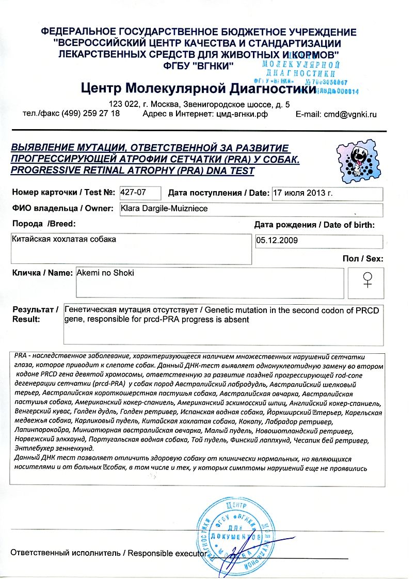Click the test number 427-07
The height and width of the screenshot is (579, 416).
133,193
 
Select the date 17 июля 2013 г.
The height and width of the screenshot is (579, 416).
302,193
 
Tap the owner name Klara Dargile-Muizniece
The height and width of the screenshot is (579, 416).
162,209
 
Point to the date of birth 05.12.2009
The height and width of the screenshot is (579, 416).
277,240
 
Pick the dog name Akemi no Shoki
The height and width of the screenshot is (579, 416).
105,272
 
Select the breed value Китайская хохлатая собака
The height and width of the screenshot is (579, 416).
64,239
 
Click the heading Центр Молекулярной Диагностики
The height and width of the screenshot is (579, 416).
198,89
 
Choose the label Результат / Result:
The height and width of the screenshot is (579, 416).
35,315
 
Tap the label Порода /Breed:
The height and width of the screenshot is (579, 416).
43,224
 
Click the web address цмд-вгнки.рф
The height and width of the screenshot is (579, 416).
240,114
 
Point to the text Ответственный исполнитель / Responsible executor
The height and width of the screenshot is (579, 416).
105,553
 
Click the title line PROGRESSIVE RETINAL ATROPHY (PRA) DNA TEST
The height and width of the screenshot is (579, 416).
133,170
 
